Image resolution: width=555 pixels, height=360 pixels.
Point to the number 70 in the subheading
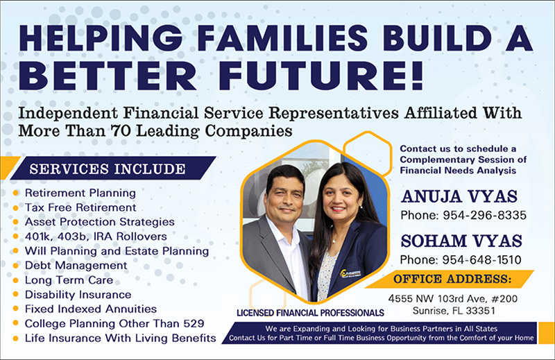(120, 131)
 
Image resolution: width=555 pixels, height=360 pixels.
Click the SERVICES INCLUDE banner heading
(108, 169)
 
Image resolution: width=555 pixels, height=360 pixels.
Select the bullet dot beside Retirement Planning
(15, 193)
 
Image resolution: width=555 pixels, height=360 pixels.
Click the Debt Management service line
(76, 266)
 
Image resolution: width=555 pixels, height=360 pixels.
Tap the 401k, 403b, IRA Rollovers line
(96, 237)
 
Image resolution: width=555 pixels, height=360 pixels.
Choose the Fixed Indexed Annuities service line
(91, 309)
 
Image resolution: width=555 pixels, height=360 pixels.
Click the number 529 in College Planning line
(194, 323)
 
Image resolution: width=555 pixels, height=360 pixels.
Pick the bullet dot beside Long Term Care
(15, 280)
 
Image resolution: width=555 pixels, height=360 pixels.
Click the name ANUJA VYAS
(459, 197)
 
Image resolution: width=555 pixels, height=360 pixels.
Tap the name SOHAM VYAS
(461, 241)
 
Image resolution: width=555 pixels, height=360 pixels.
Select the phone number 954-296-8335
(484, 215)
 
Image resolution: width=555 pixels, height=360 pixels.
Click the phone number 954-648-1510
(481, 260)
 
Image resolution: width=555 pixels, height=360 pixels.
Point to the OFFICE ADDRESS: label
(452, 280)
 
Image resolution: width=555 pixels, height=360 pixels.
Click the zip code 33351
(480, 311)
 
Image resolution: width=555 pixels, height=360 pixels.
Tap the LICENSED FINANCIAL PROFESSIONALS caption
(310, 313)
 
